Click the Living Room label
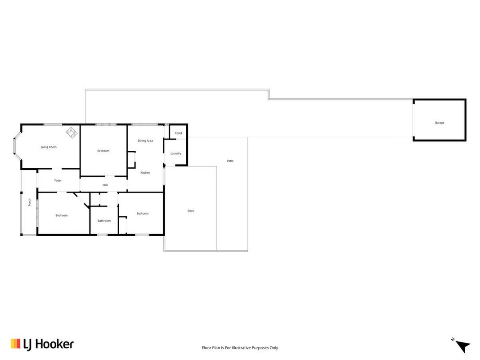click(x=49, y=147)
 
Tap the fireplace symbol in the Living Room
click(x=72, y=133)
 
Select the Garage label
click(x=439, y=123)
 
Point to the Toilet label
click(x=179, y=133)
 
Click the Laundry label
click(x=176, y=153)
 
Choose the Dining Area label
click(x=145, y=141)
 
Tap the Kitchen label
click(x=145, y=173)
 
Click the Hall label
click(x=105, y=185)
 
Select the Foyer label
click(x=58, y=180)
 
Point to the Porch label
click(x=30, y=202)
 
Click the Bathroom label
click(x=104, y=220)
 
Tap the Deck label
click(x=191, y=211)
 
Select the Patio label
click(x=230, y=161)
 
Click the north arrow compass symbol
click(x=462, y=346)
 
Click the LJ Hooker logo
click(x=42, y=344)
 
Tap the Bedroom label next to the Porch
click(x=62, y=216)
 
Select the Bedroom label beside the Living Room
click(x=103, y=151)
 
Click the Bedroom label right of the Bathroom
click(x=142, y=213)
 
